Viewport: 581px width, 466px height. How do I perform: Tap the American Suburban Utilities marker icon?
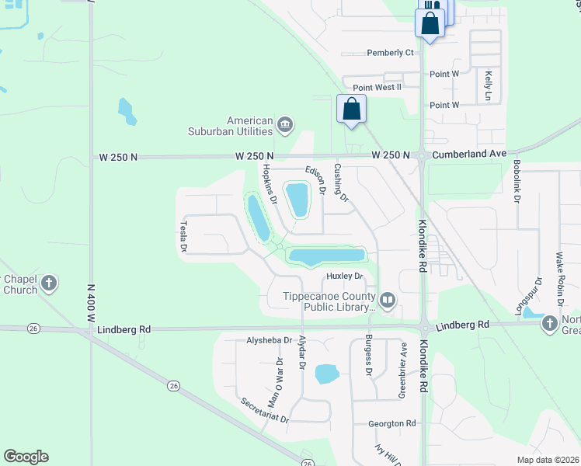coord(285,123)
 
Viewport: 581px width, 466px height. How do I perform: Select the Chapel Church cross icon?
coord(49,283)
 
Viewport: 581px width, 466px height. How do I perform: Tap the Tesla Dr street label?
coord(184,236)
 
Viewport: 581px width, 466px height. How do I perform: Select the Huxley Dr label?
coord(345,276)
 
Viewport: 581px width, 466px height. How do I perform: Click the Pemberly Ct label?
coord(390,53)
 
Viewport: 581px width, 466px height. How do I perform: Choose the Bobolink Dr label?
coord(517,183)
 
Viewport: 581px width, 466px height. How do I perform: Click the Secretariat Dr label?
coord(264,410)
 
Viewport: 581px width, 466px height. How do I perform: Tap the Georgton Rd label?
coord(392,423)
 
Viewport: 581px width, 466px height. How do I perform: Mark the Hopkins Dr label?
coord(270,184)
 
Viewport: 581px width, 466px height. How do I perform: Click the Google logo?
coord(26,457)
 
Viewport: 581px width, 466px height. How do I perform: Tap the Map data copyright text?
coord(548,460)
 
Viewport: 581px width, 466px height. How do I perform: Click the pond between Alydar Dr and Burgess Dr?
coord(327,374)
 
